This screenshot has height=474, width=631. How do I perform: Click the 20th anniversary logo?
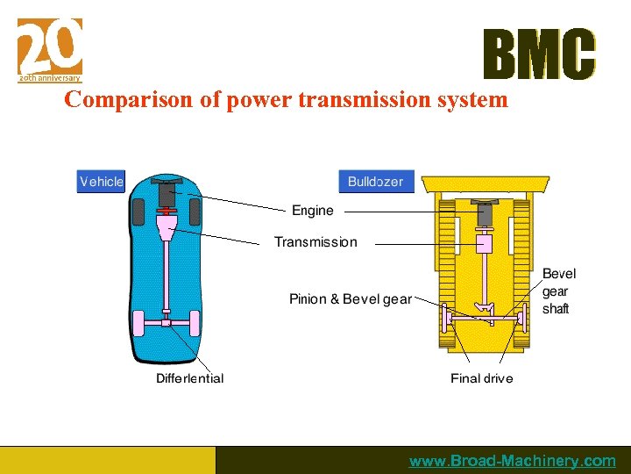(x=50, y=50)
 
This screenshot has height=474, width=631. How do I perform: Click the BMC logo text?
(x=539, y=55)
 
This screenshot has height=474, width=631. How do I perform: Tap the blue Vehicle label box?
(x=102, y=182)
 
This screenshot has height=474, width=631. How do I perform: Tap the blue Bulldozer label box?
(x=376, y=182)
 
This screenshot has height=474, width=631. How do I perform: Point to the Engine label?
(x=313, y=211)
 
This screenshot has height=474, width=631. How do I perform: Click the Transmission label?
(x=315, y=242)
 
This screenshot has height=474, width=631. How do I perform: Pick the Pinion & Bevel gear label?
(x=351, y=299)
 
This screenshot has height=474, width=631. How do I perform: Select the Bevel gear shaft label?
(x=558, y=291)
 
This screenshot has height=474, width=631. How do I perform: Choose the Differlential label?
(x=190, y=378)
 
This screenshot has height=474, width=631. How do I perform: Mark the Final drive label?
(x=482, y=378)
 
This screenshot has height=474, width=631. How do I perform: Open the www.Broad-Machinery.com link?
(x=513, y=461)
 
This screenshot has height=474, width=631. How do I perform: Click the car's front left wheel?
(x=138, y=212)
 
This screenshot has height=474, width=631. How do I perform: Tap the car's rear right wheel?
(x=195, y=323)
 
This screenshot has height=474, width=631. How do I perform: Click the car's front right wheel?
(x=195, y=212)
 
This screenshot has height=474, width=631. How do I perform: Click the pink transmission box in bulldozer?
(x=484, y=244)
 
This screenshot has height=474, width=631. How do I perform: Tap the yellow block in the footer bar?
(x=107, y=460)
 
